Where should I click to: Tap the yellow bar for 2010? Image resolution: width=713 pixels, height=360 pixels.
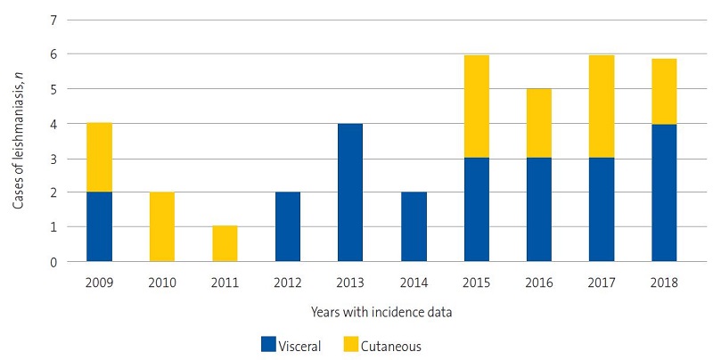(x=162, y=226)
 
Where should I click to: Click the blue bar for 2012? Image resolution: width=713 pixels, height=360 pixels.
(x=287, y=226)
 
